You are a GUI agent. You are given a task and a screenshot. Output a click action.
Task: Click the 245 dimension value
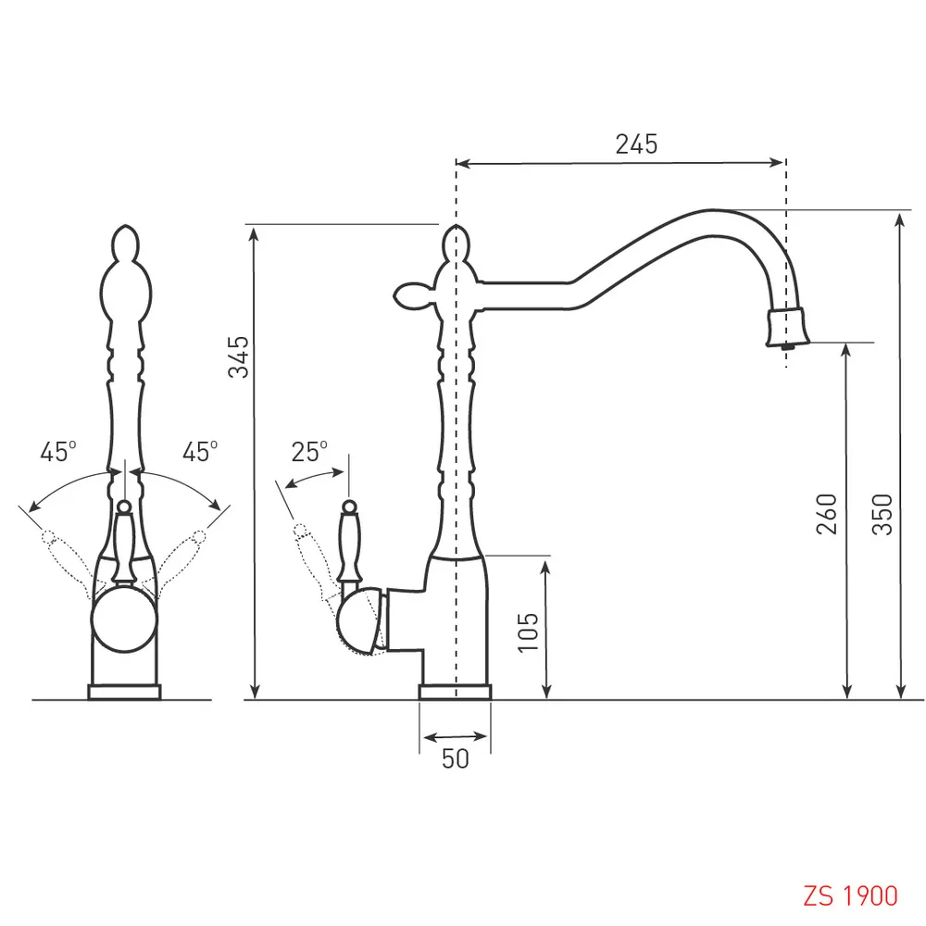coord(636,144)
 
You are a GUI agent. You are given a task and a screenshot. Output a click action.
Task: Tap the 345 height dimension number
coord(239,357)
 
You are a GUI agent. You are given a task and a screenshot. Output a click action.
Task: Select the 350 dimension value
coord(882,514)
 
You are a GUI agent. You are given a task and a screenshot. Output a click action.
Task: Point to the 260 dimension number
coord(827,514)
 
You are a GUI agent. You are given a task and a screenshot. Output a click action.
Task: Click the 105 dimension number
coord(528,632)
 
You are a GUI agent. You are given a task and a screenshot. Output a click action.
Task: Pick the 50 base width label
coord(456,759)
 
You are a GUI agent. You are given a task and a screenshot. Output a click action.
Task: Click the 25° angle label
coord(309,452)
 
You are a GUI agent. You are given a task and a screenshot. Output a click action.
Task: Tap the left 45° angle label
coord(57,452)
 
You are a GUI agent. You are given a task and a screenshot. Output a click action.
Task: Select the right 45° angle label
coord(200,452)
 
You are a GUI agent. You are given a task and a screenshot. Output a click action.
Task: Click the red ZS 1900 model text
coord(850,895)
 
